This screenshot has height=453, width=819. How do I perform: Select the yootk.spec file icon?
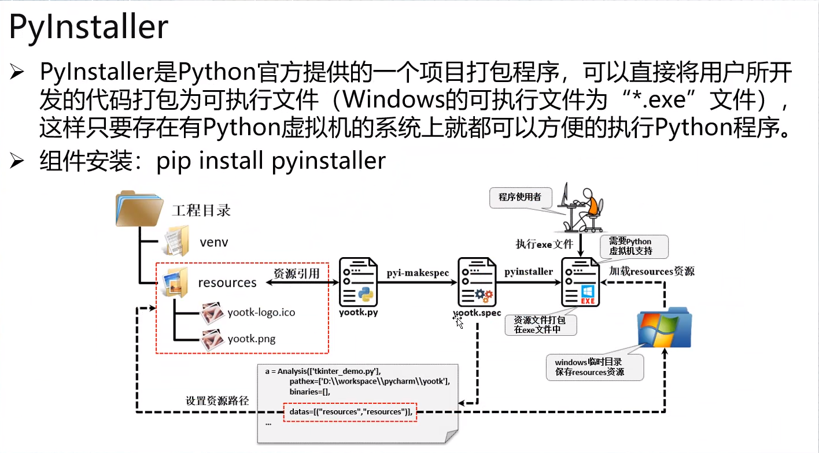pyautogui.click(x=477, y=283)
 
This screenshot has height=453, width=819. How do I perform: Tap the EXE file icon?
pyautogui.click(x=580, y=283)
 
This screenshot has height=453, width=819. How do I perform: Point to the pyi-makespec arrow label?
pyautogui.click(x=418, y=272)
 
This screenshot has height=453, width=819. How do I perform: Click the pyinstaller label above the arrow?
pyautogui.click(x=528, y=271)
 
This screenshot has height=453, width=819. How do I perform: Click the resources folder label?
pyautogui.click(x=227, y=283)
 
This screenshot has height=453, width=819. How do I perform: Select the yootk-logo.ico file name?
pyautogui.click(x=261, y=313)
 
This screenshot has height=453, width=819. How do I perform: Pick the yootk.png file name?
pyautogui.click(x=251, y=339)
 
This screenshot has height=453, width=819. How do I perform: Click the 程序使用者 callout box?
pyautogui.click(x=520, y=197)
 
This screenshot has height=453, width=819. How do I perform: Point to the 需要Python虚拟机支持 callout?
pyautogui.click(x=634, y=247)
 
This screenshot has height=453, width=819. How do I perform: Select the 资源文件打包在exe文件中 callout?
pyautogui.click(x=540, y=325)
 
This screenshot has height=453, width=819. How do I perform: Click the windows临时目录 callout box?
pyautogui.click(x=593, y=367)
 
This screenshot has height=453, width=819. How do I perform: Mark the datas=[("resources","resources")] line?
pyautogui.click(x=350, y=412)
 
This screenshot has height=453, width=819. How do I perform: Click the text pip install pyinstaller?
pyautogui.click(x=271, y=161)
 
